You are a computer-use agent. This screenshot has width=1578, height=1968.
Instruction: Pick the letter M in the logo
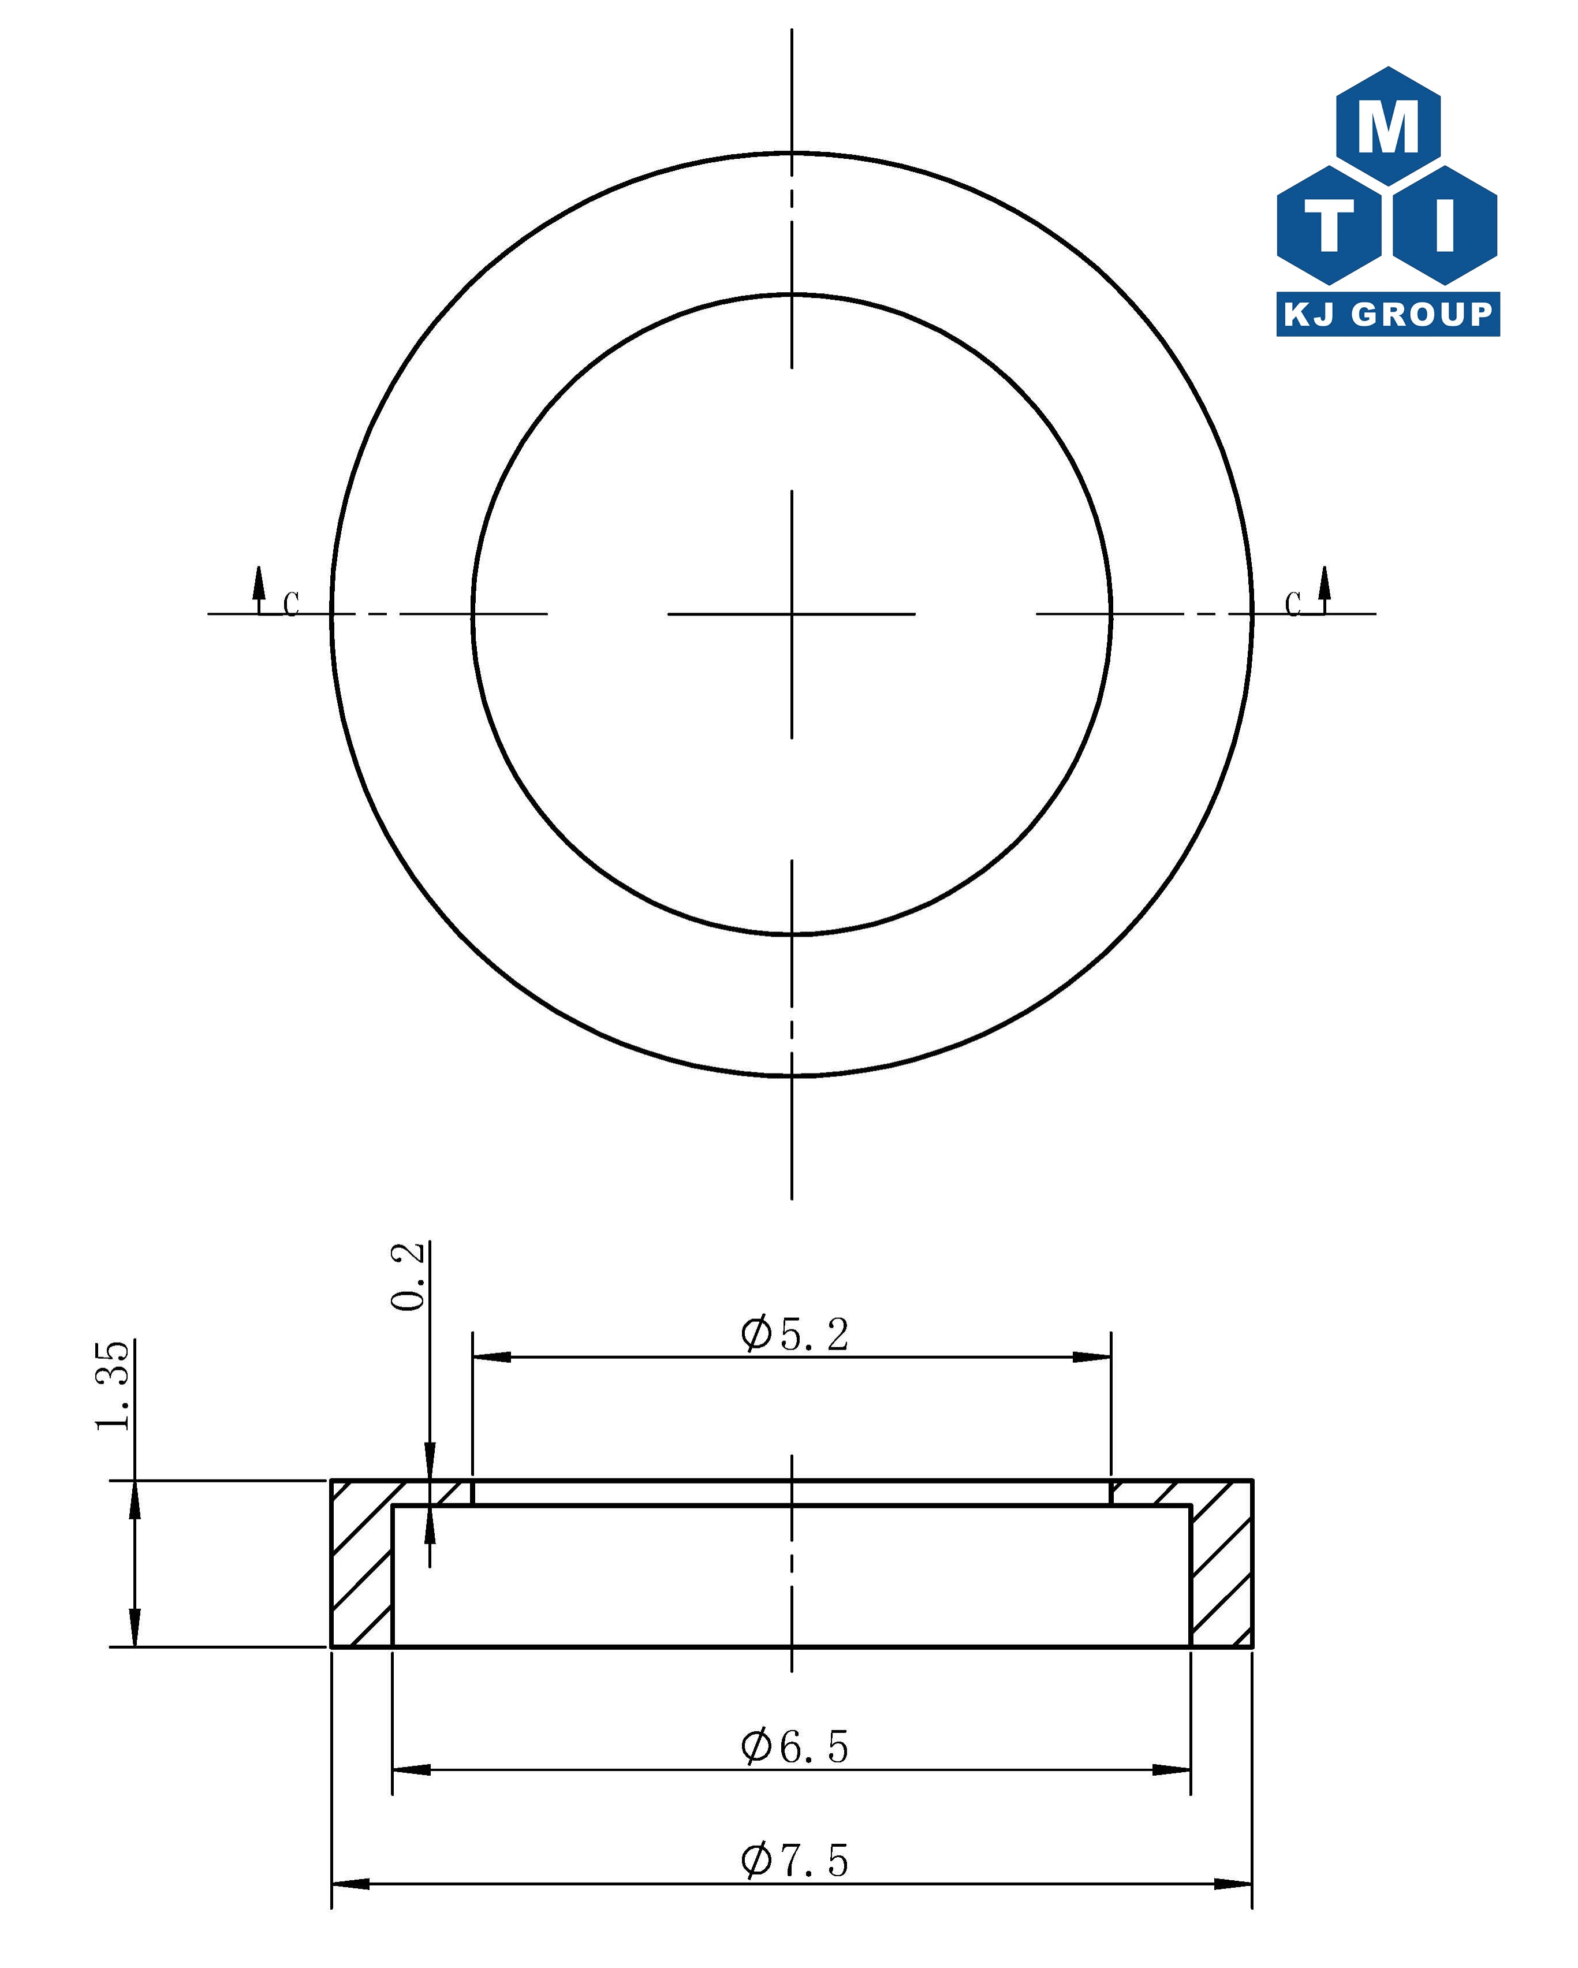coord(1388,127)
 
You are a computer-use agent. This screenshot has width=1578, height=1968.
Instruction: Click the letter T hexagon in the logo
coord(1329,225)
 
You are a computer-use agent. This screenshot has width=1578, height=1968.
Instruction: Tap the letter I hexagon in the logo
coord(1446,225)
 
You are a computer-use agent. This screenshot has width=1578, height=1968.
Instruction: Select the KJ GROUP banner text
coord(1387,314)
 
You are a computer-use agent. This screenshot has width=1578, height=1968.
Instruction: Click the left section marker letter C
coord(291,603)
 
